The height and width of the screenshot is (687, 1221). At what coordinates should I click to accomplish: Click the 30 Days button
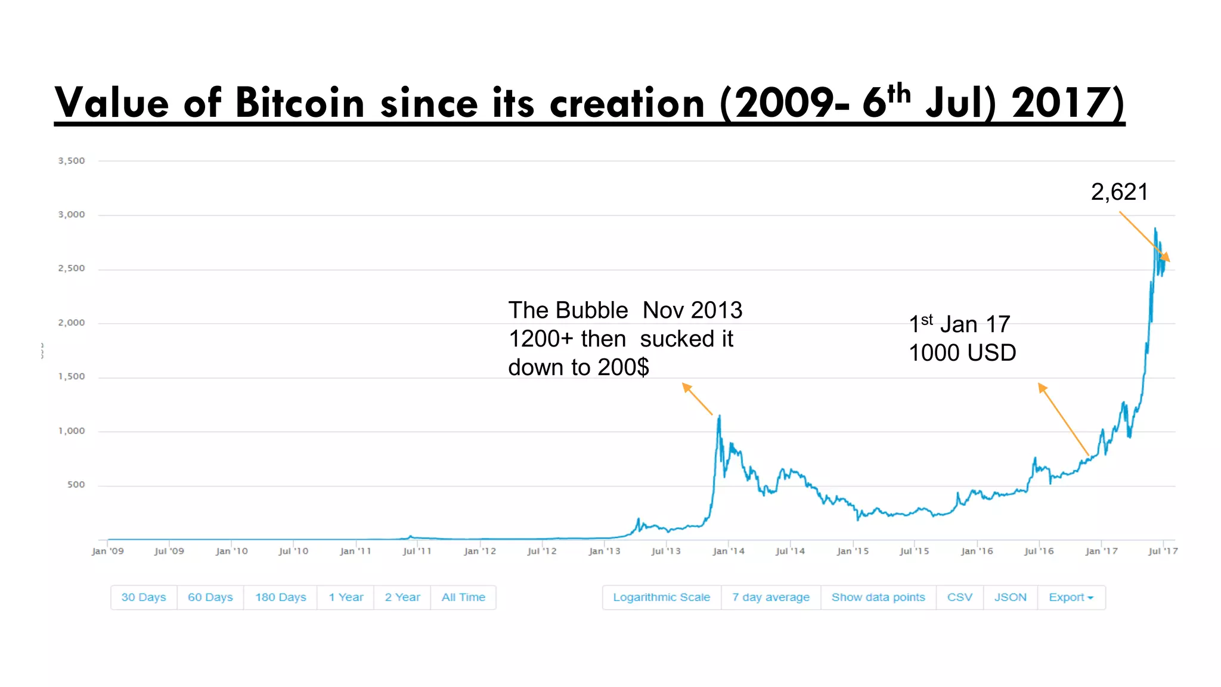click(x=144, y=597)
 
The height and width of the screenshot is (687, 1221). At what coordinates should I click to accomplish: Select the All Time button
click(x=463, y=597)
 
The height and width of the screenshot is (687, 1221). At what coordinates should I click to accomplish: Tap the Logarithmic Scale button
click(x=661, y=597)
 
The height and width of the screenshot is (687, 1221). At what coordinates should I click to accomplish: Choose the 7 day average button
click(x=770, y=597)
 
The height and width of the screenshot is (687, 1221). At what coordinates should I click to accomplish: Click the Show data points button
click(x=878, y=597)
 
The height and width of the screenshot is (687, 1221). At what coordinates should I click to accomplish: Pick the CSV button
click(x=959, y=597)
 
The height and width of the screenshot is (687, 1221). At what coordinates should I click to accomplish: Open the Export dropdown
click(x=1071, y=597)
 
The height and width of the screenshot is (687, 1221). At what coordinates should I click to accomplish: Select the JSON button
click(x=1010, y=597)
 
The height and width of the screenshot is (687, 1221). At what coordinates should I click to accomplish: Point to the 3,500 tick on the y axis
click(x=72, y=160)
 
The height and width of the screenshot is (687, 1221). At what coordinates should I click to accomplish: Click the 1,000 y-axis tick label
click(x=72, y=431)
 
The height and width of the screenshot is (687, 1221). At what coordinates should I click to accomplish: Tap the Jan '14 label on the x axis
click(x=729, y=551)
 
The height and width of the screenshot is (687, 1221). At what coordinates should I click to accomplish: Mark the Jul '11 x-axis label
click(x=417, y=551)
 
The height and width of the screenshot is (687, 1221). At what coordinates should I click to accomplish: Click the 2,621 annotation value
click(x=1119, y=192)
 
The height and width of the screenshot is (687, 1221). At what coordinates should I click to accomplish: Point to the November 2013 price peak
click(x=720, y=417)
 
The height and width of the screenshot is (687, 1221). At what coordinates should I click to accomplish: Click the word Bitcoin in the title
click(x=300, y=103)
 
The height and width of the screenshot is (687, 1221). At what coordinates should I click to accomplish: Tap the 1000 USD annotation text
click(x=962, y=352)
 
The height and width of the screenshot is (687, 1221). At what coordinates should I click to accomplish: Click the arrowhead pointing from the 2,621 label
click(x=1167, y=259)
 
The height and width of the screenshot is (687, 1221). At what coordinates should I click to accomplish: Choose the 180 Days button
click(x=280, y=597)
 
